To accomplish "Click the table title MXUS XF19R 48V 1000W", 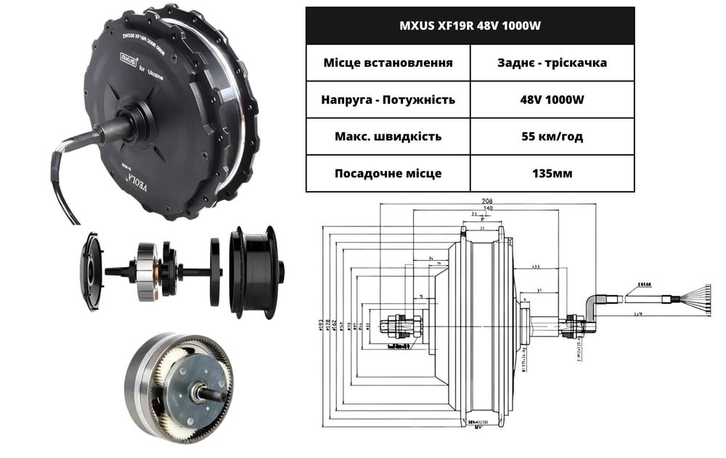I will point(470,25).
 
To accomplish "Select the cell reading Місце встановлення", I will point(388,63).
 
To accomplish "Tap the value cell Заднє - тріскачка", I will point(552,63).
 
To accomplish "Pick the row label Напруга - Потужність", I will point(388,100).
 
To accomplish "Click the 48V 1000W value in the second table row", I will point(552,100).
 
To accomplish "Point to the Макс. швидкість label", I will point(388,137).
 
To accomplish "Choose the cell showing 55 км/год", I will point(552,137).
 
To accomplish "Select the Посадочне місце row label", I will point(388,174).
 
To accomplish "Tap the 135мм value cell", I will point(552,174).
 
